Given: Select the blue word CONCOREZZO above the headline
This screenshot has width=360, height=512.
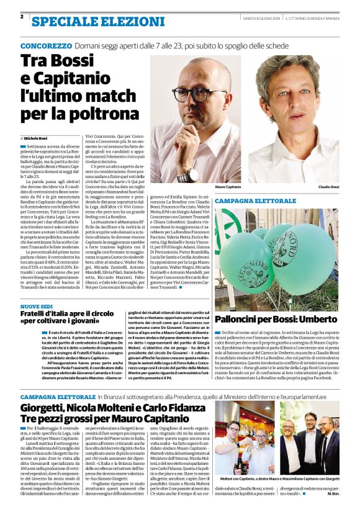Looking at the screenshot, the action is pyautogui.click(x=45, y=47).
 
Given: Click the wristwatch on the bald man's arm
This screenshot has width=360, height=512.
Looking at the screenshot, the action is pyautogui.click(x=187, y=176).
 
